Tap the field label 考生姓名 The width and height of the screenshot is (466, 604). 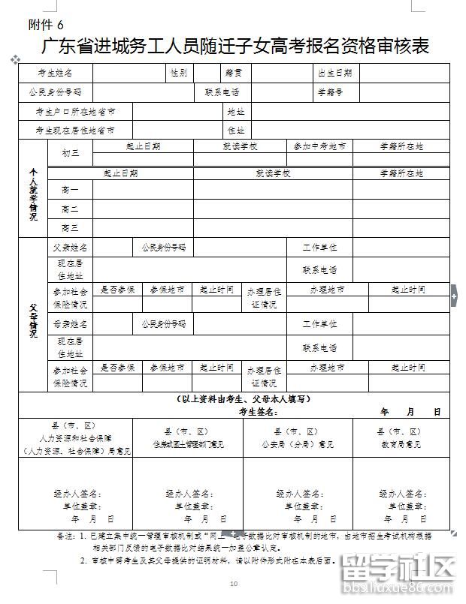point(56,74)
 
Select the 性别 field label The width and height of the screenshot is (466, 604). point(179,74)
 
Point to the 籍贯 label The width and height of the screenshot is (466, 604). point(232,74)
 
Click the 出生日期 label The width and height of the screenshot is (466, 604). point(334,74)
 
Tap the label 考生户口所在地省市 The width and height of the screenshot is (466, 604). point(75,111)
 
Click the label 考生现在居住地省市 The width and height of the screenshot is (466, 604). point(75,130)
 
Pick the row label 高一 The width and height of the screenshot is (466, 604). point(70,190)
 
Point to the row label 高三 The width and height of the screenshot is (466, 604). point(70,227)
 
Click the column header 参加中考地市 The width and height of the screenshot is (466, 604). point(319,146)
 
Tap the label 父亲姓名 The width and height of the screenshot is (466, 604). point(70,247)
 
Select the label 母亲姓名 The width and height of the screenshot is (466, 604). point(70,325)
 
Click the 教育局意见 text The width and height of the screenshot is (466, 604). point(400,444)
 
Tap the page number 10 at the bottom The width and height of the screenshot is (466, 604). point(233,584)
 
